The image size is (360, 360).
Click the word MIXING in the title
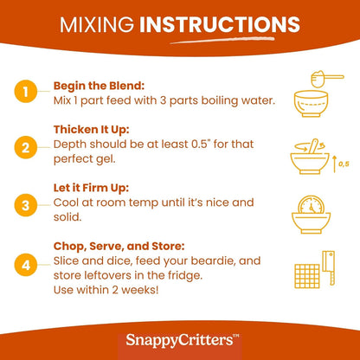click(x=97, y=24)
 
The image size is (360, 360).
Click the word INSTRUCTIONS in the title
click(x=220, y=24)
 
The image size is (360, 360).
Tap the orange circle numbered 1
click(x=26, y=92)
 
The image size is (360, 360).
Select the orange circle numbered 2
click(x=26, y=147)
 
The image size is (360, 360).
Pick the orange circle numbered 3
click(x=26, y=205)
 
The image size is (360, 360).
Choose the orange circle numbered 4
click(x=26, y=265)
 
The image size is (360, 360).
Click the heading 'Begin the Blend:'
click(x=99, y=86)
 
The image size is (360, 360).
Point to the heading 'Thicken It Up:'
click(x=91, y=130)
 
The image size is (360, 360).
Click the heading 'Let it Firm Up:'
click(x=91, y=188)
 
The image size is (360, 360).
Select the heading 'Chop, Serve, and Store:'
click(x=119, y=247)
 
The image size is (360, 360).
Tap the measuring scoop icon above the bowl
click(x=327, y=79)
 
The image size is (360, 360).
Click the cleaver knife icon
click(x=329, y=267)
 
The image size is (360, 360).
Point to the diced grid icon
click(x=307, y=276)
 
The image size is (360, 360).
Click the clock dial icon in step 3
click(x=311, y=205)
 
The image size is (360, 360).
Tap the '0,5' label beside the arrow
click(x=344, y=164)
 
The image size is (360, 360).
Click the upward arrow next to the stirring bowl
click(x=335, y=164)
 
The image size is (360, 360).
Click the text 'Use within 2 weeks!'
click(x=106, y=290)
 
